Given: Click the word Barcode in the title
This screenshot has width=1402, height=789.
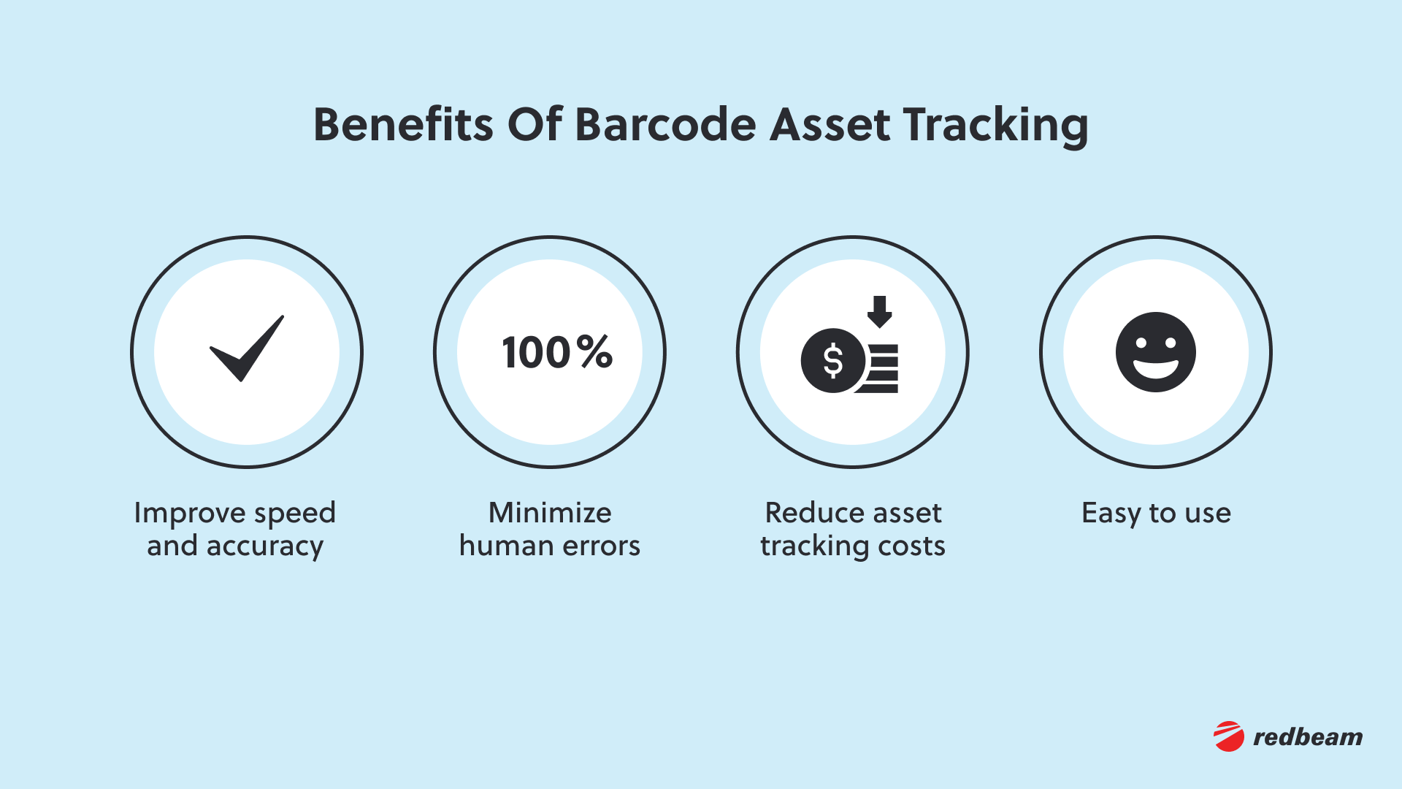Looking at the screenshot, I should point(666,124).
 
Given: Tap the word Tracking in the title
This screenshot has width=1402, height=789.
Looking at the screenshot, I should point(995,126).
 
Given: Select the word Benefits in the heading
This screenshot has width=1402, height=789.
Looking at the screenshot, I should point(403,124).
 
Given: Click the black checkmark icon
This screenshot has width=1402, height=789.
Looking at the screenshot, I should point(247,348).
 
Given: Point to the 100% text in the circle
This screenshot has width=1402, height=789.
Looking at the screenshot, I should point(557,352).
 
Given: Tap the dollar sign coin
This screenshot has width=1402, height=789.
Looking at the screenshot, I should point(833,361).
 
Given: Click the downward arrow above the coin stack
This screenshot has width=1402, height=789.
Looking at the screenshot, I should point(880,311).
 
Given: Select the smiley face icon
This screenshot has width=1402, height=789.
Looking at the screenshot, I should point(1155,352).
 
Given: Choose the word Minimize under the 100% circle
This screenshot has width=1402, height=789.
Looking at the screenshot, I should point(550,513).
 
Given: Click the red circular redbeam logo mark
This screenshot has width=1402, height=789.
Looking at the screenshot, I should point(1229,736).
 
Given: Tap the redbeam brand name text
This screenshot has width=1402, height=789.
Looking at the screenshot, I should point(1308,737).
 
